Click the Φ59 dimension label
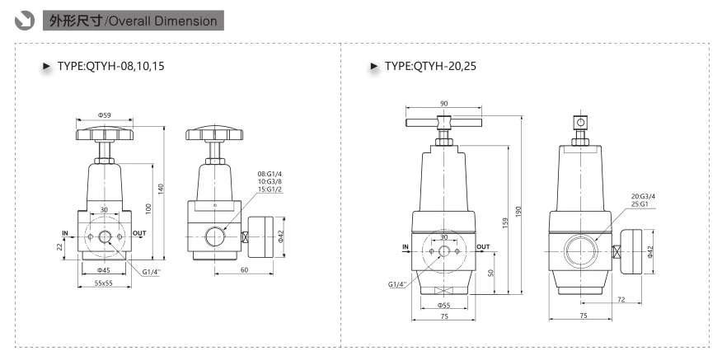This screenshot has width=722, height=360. pyautogui.click(x=104, y=115)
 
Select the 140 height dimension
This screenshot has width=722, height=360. pyautogui.click(x=160, y=189)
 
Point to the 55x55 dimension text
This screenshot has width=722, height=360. pyautogui.click(x=104, y=283)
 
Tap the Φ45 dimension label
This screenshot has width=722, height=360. pyautogui.click(x=104, y=270)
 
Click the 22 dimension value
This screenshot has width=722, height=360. pyautogui.click(x=59, y=247)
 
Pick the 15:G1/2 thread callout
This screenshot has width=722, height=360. pyautogui.click(x=270, y=189)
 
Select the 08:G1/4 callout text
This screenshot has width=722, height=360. pyautogui.click(x=270, y=174)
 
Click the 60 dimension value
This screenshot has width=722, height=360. pyautogui.click(x=245, y=269)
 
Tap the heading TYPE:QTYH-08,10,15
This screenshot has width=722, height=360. pyautogui.click(x=110, y=66)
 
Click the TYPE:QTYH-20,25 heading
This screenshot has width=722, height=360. pyautogui.click(x=430, y=66)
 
